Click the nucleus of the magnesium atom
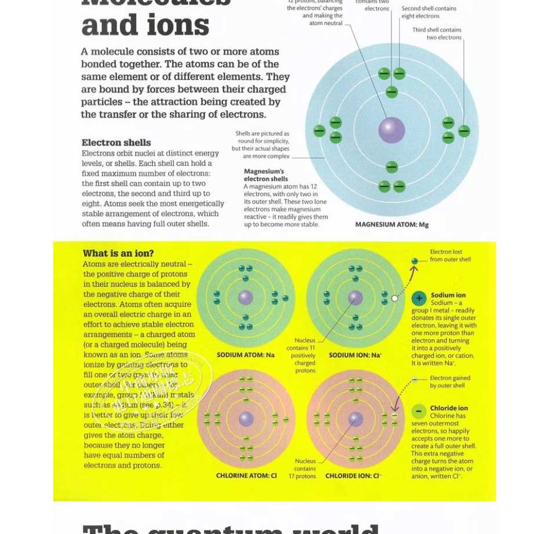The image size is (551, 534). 392,130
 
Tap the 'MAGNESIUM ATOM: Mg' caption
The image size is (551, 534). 392,225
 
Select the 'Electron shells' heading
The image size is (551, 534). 116,143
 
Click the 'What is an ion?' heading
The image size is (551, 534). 118,253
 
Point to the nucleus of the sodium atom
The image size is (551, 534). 246,298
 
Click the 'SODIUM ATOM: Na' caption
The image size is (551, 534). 246,355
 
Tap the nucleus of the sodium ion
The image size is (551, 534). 355,298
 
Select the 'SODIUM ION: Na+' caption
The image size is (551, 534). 355,355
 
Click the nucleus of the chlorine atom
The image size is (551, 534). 246,419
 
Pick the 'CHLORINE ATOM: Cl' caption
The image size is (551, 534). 246,476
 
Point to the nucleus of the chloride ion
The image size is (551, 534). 356,419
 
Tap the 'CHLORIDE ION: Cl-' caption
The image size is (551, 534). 353,476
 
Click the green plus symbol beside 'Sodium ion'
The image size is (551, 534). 419,298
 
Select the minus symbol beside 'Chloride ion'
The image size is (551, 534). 419,411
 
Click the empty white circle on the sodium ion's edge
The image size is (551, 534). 395,298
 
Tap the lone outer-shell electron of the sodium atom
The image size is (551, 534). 285,298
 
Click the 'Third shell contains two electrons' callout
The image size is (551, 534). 437,34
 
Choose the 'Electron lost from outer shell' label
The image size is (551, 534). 450,256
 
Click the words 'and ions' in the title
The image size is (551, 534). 145,26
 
